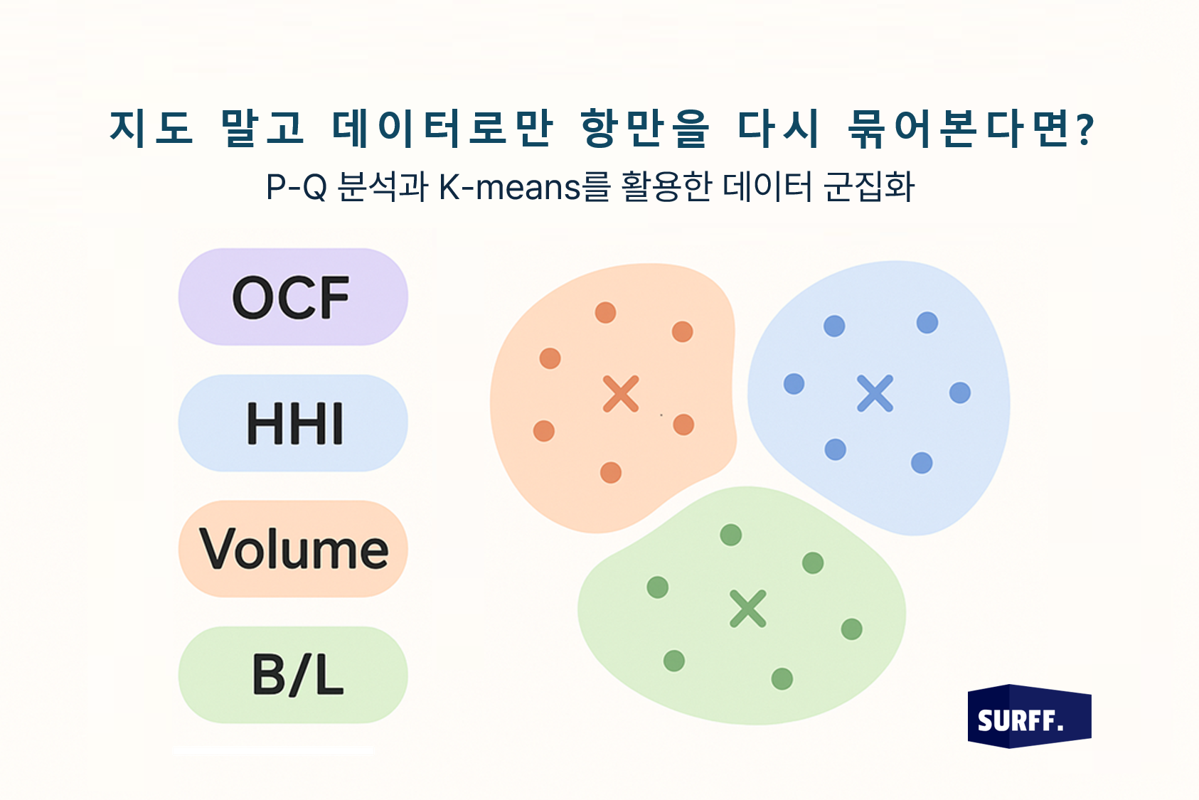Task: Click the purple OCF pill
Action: [x=293, y=297]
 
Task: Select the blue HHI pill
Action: [x=293, y=422]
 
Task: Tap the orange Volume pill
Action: [x=293, y=548]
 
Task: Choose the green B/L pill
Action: [x=293, y=675]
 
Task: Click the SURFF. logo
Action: [x=1029, y=716]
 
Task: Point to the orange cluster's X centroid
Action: [x=621, y=394]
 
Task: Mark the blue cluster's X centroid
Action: [x=875, y=393]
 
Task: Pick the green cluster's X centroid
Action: [x=747, y=609]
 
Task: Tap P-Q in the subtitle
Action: [x=297, y=187]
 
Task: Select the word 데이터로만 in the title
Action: [x=442, y=128]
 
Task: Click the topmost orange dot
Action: [x=605, y=312]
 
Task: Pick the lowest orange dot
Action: [x=611, y=472]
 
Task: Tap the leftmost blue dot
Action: [x=794, y=384]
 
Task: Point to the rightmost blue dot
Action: [x=960, y=393]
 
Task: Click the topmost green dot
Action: [x=730, y=535]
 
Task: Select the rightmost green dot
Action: [x=852, y=629]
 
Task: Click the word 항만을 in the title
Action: [x=645, y=128]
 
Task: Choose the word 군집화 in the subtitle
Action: [x=869, y=187]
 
